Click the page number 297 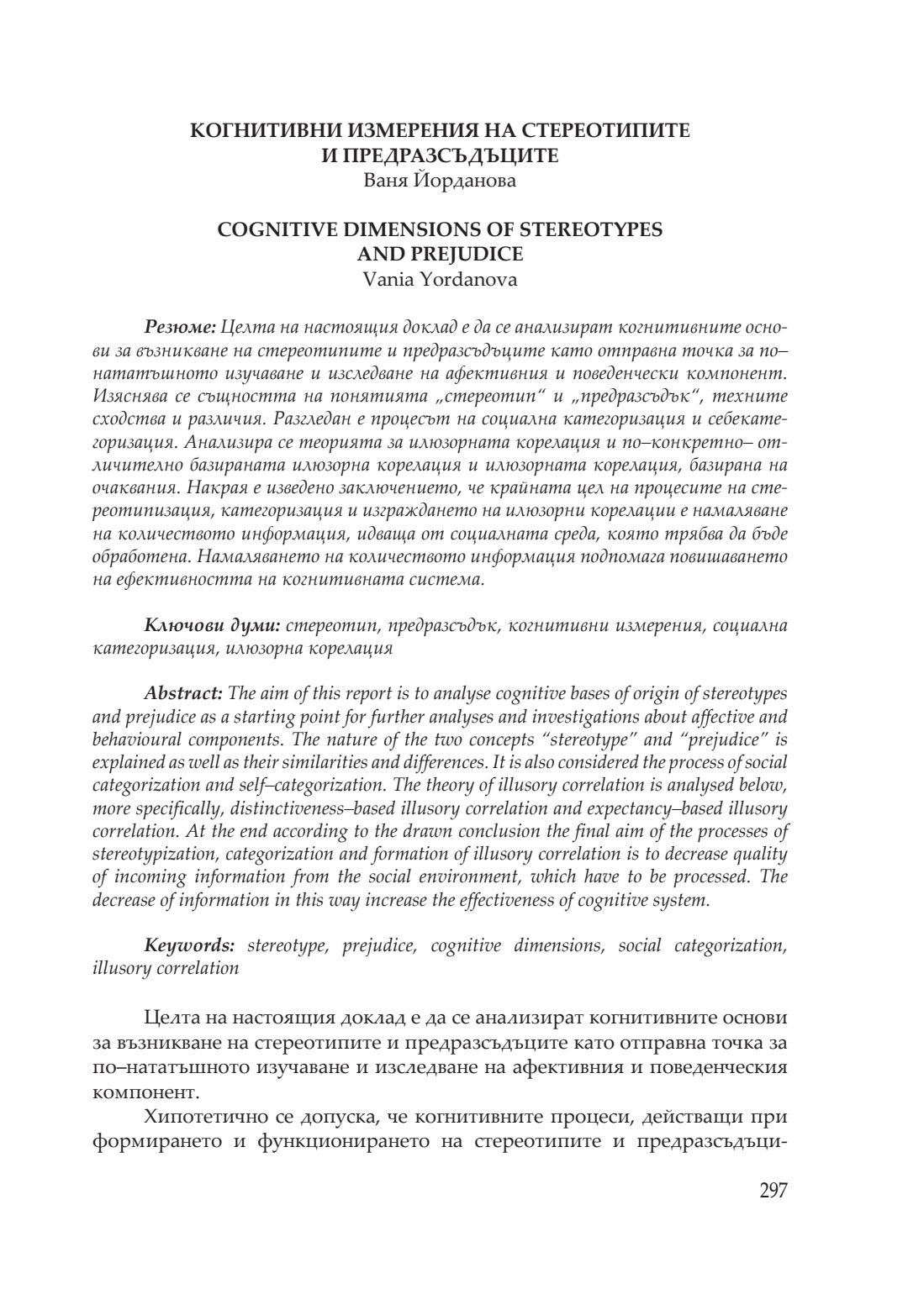tap(773, 1191)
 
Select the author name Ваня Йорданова tap(440, 180)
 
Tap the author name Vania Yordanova tap(440, 279)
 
